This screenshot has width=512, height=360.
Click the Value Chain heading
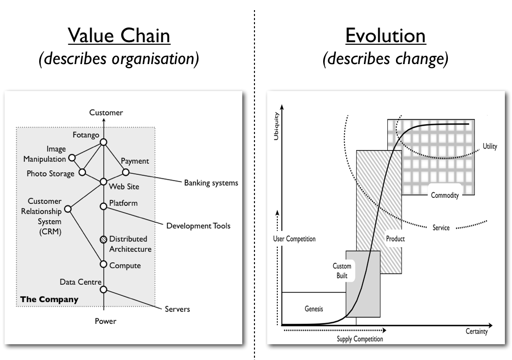(119, 36)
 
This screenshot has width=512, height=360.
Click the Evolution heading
(385, 36)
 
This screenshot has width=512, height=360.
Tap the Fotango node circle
(103, 142)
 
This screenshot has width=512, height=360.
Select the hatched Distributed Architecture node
(103, 238)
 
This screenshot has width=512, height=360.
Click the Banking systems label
(211, 183)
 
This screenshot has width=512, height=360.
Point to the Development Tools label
(198, 226)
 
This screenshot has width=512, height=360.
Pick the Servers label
(177, 309)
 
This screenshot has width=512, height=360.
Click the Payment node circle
(126, 172)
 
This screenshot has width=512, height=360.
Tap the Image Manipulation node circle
(72, 158)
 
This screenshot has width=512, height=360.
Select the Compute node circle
(103, 264)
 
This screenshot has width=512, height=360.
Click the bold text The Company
(49, 299)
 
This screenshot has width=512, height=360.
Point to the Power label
(105, 321)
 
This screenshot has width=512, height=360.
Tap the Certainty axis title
(476, 332)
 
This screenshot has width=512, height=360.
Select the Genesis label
(314, 309)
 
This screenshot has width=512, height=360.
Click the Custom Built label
(342, 270)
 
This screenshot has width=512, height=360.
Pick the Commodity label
(445, 195)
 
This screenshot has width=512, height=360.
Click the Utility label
(491, 147)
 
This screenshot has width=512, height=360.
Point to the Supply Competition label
(359, 339)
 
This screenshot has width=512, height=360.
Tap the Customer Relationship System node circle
(68, 208)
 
